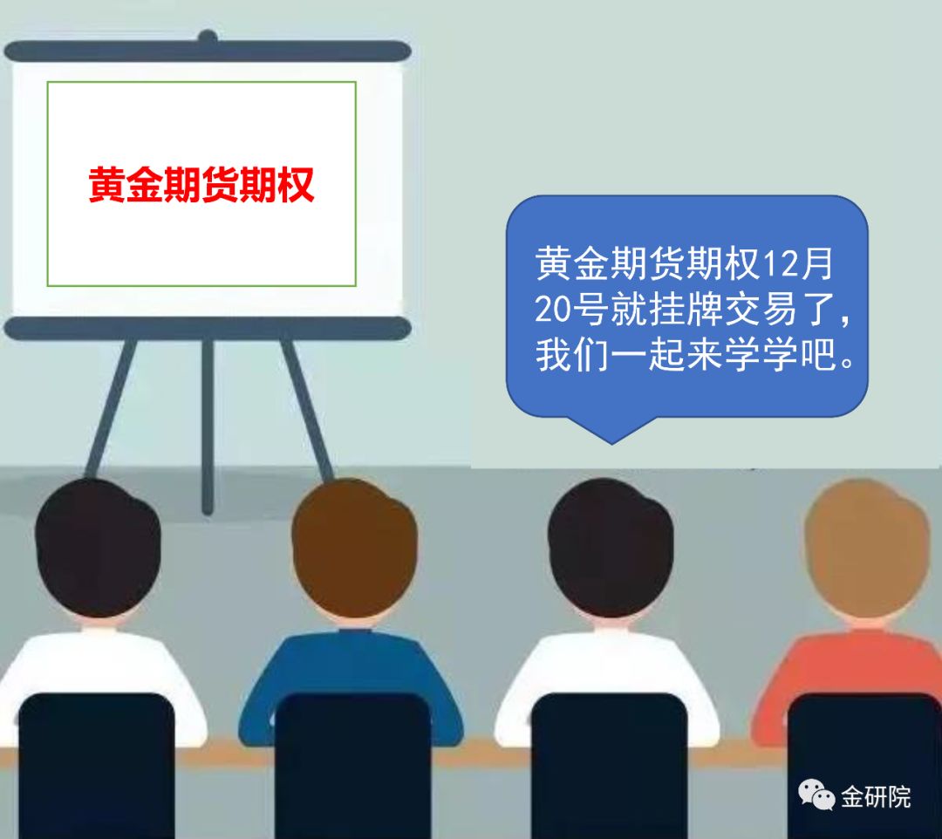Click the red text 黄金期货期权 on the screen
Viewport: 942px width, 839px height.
click(201, 184)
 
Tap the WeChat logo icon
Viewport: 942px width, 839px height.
click(816, 795)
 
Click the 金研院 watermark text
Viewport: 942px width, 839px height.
click(876, 797)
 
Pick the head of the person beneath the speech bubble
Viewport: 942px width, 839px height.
click(611, 548)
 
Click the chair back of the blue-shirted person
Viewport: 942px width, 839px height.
click(353, 766)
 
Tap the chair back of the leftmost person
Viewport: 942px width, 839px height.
click(96, 766)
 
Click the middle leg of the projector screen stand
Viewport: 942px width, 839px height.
click(208, 426)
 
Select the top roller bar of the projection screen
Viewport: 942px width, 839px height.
click(208, 51)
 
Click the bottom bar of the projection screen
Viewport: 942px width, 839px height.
click(208, 329)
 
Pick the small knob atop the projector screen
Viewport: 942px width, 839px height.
click(208, 36)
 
